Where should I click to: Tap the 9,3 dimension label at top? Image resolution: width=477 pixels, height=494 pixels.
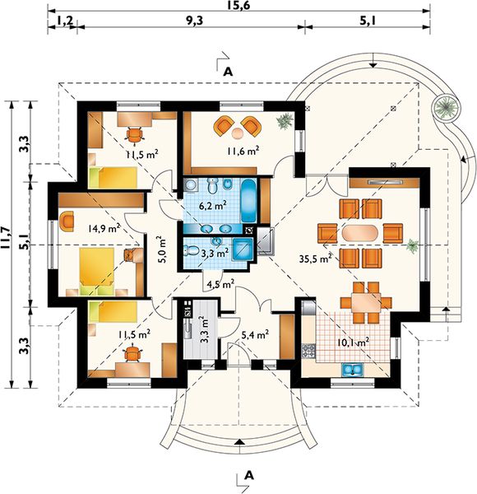tap(194, 21)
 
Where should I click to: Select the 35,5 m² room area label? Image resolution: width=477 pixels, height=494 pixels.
tap(316, 259)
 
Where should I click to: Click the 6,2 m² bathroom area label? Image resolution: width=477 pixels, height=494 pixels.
tap(213, 206)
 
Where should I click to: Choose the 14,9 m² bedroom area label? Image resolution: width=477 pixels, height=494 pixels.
tap(104, 228)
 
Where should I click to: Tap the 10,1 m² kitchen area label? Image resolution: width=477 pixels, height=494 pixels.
tap(353, 343)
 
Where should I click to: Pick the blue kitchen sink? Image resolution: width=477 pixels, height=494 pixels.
tap(353, 369)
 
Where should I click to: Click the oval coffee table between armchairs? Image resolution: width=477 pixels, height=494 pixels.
tap(360, 234)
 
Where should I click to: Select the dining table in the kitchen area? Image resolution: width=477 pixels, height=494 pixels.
tap(366, 302)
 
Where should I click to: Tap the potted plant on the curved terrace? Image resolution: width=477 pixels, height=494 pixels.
tap(445, 107)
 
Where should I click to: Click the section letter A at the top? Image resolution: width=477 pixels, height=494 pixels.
tap(228, 72)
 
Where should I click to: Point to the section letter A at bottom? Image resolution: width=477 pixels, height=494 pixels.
tap(249, 475)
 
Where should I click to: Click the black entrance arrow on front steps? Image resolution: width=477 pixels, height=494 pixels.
tap(240, 442)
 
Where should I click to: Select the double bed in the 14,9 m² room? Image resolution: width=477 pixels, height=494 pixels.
tap(96, 272)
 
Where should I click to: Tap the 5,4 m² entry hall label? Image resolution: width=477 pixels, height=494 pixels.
tap(255, 336)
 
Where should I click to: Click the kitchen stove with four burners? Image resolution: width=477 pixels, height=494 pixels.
tap(308, 351)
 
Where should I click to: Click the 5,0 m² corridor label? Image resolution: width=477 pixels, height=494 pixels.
tap(163, 249)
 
